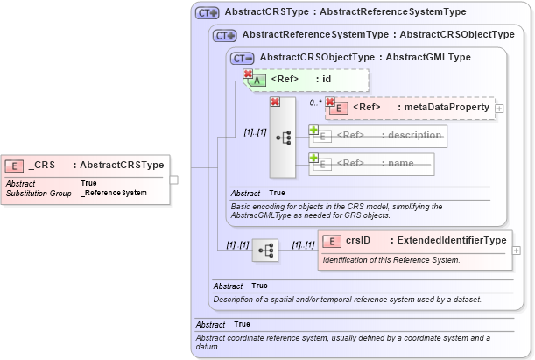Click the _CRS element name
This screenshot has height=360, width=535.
41,165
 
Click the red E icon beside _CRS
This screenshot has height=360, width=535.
15,165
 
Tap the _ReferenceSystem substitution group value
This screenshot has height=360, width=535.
114,192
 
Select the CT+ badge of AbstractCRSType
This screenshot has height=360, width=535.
207,12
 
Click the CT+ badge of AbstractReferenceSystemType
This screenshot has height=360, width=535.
225,35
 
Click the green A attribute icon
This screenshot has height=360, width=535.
258,80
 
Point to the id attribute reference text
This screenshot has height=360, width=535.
326,79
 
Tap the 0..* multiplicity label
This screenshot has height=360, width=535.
315,102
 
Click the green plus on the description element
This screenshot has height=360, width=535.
313,130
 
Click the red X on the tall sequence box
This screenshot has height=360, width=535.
274,102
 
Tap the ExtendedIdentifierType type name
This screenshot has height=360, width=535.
450,240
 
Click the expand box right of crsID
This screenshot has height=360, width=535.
516,250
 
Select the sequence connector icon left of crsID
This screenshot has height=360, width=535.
264,251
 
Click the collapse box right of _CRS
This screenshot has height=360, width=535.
173,180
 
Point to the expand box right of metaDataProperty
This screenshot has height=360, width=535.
499,108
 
